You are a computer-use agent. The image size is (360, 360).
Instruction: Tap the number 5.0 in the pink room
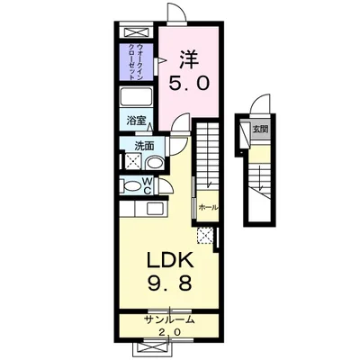(x=189, y=85)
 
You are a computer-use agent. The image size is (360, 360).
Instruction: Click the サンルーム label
(x=167, y=320)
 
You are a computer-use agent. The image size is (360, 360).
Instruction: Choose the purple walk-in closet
(x=139, y=61)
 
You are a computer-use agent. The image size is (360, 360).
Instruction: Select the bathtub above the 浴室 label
(x=139, y=100)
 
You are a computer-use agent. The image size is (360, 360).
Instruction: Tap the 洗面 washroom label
(x=145, y=145)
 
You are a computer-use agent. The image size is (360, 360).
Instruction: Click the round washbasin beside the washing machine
(x=154, y=163)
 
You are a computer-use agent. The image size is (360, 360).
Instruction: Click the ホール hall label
(x=208, y=206)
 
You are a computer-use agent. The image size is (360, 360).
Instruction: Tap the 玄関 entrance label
(x=261, y=129)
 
